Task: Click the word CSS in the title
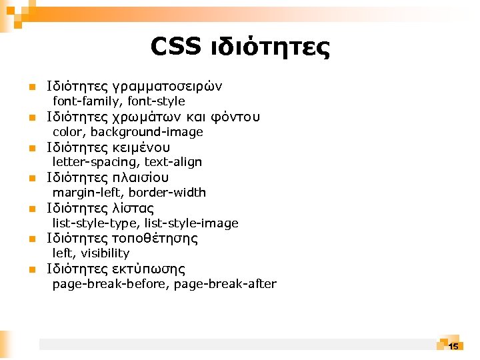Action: click(175, 47)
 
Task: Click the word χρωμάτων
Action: click(148, 118)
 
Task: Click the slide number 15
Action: click(453, 347)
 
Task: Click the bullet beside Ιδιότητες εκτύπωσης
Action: click(31, 270)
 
